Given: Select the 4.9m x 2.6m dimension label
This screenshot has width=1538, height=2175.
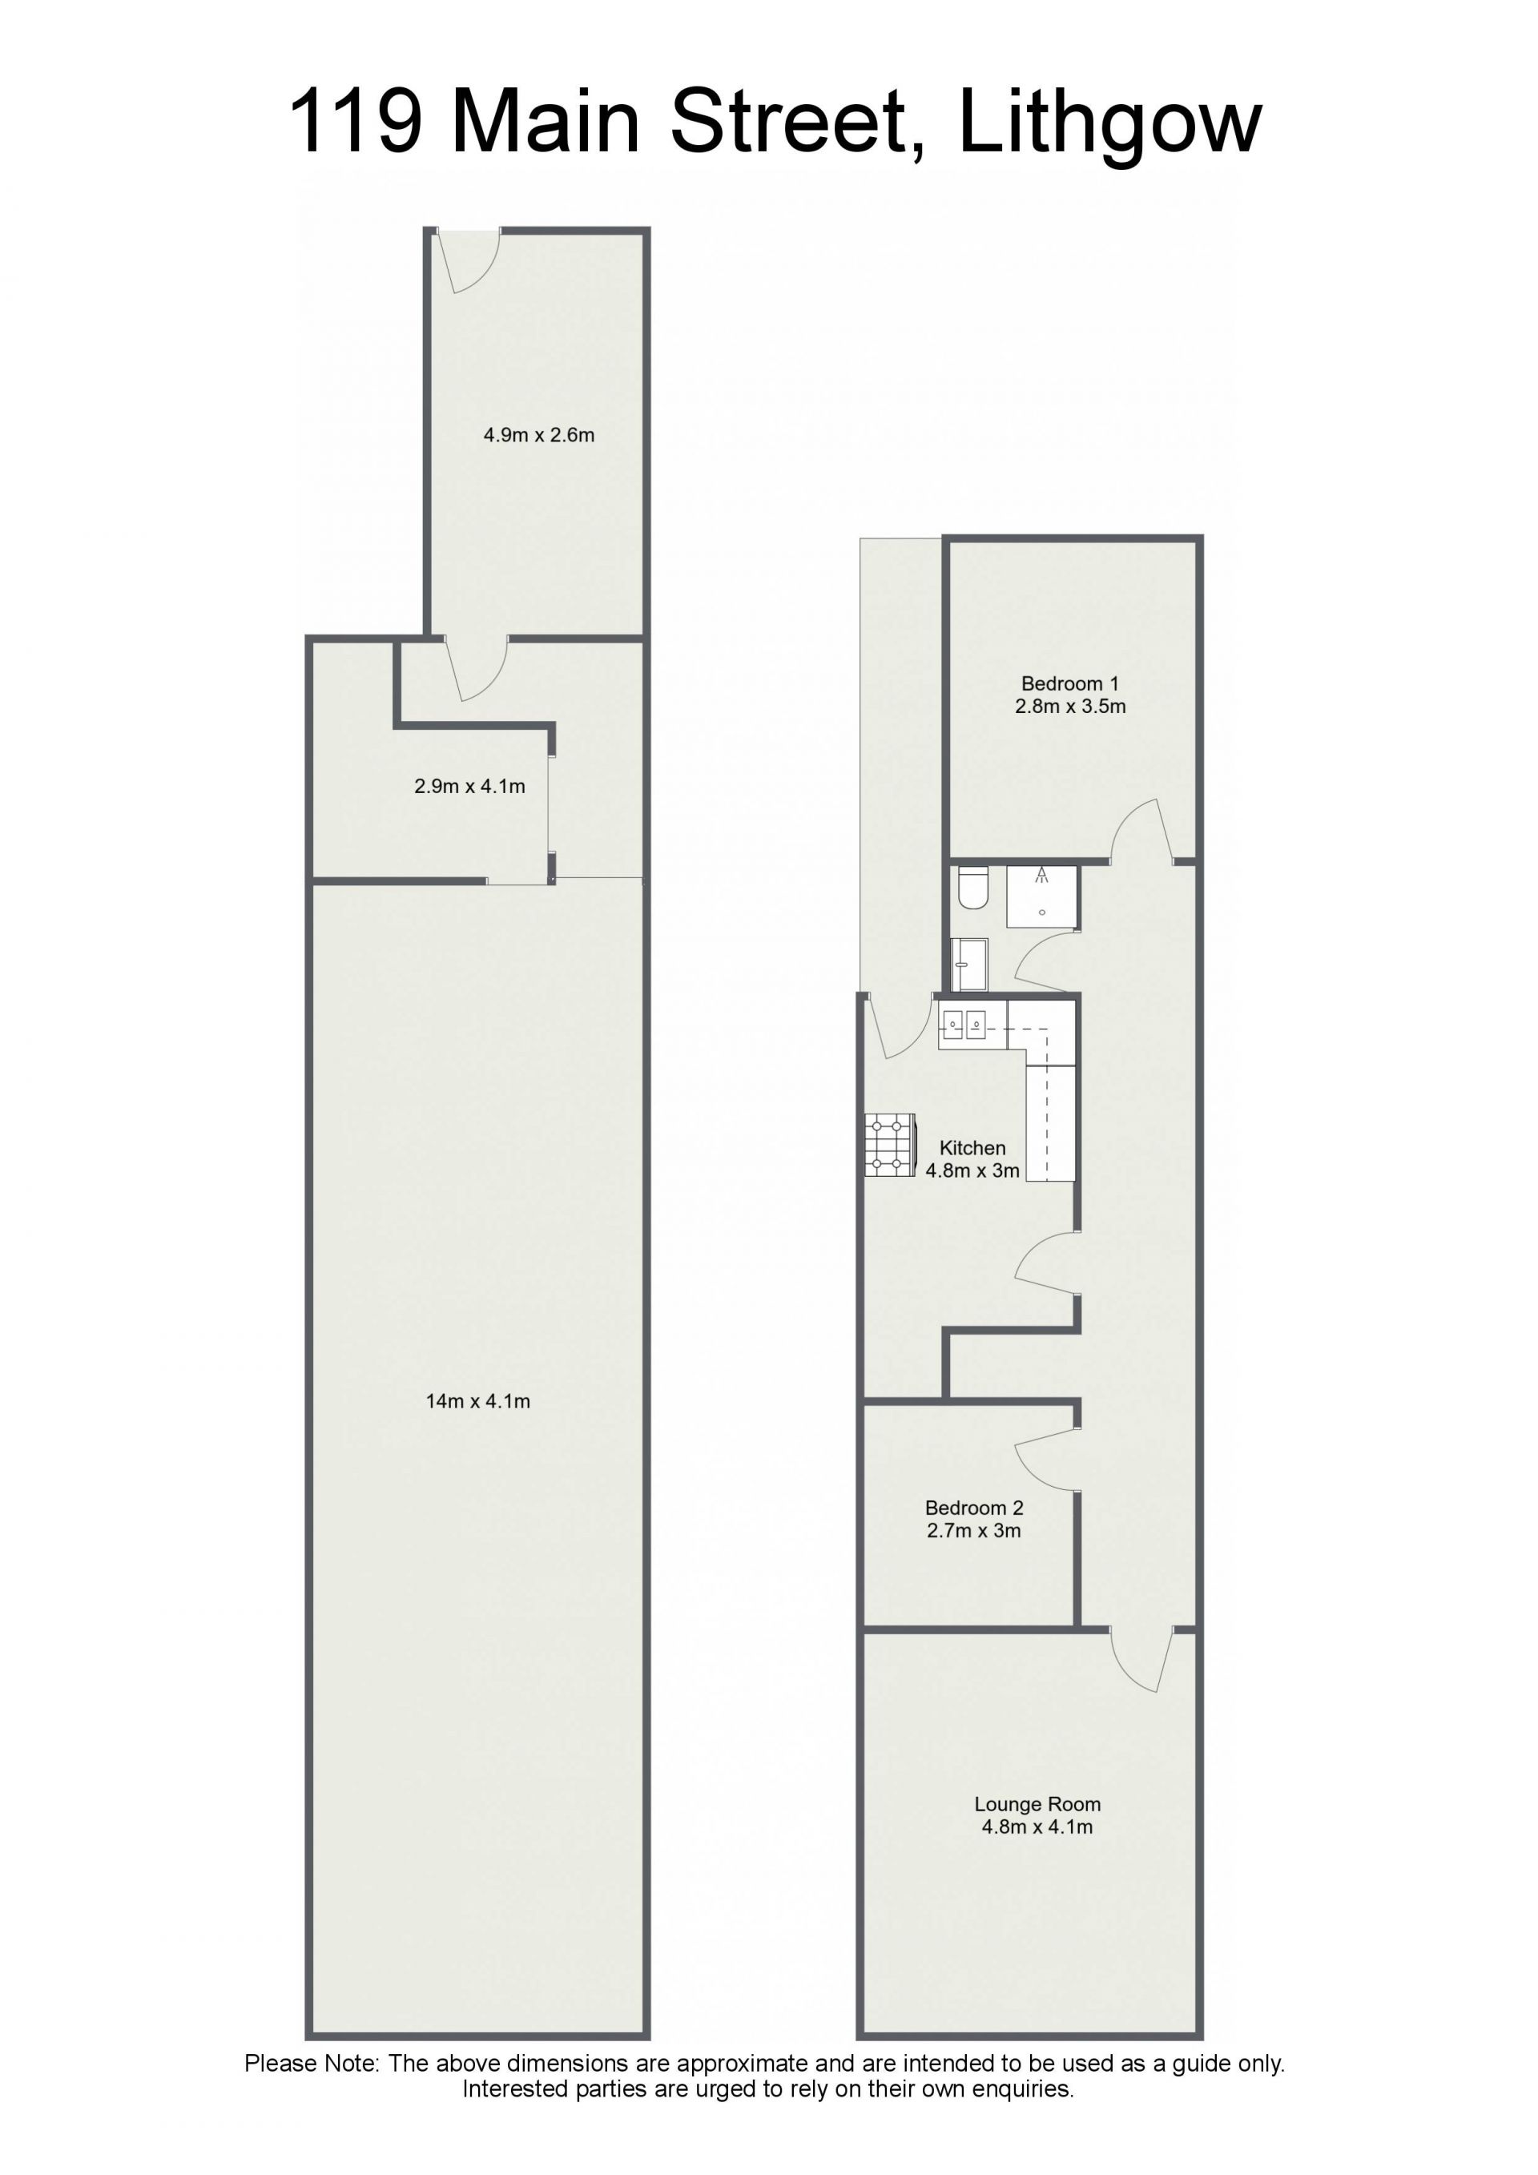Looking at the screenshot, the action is click(539, 436).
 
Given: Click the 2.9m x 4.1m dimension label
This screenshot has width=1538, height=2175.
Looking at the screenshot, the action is click(469, 786).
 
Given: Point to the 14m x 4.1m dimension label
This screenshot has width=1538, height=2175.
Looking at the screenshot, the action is click(478, 1401).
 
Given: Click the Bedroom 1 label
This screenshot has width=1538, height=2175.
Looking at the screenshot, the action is click(1070, 684).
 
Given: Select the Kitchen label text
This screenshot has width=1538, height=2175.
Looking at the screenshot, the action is click(972, 1148).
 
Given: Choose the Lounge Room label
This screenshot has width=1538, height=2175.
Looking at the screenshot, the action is click(1038, 1805).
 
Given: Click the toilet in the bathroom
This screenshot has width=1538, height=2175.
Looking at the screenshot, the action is click(972, 888).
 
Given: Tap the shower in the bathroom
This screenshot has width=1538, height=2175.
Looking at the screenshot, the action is click(1041, 896).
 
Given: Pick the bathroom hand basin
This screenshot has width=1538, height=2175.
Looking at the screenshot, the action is click(968, 965).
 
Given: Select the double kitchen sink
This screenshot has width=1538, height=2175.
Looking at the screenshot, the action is click(963, 1024).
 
